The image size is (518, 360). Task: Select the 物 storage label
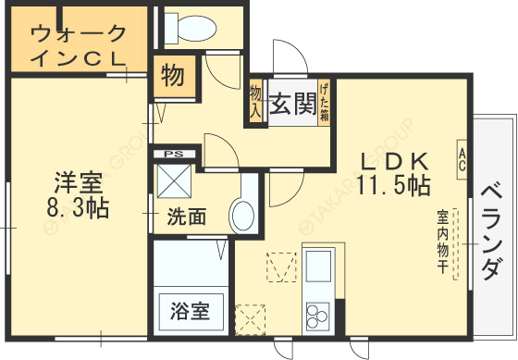click(172, 76)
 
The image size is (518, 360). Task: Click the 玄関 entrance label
click(293, 105)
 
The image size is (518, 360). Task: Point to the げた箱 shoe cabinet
click(325, 103)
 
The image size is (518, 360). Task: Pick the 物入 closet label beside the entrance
click(255, 101)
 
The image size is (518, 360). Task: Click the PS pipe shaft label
click(173, 154)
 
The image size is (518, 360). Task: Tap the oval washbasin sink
click(242, 217)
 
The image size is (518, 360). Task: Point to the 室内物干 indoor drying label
click(443, 241)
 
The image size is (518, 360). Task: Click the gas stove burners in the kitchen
click(317, 314)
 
